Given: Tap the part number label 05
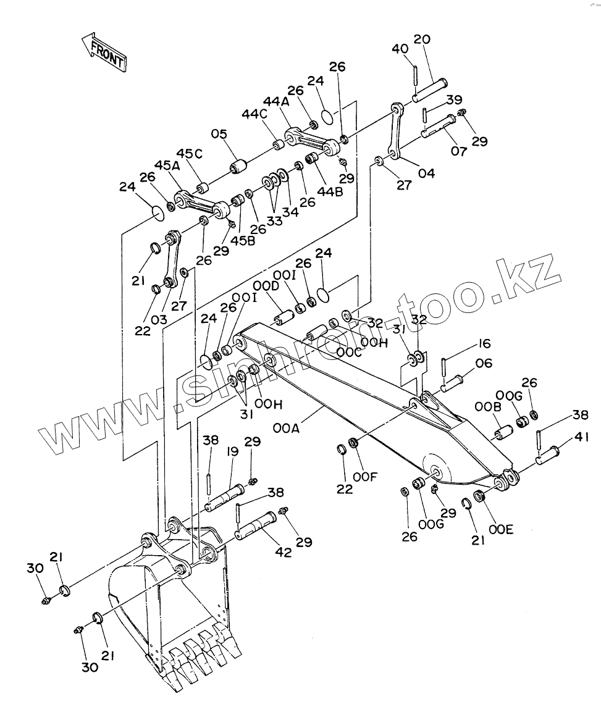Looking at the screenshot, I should click(219, 134).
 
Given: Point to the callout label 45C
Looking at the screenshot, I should click(189, 154).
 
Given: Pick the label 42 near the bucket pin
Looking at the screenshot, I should click(284, 553).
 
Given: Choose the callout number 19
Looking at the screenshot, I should click(232, 452).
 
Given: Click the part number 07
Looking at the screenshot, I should click(458, 151).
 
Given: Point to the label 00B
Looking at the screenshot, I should click(484, 407).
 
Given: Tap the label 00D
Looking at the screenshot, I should click(266, 286).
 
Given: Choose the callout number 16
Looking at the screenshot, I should click(483, 344).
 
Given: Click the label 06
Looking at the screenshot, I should click(484, 364).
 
